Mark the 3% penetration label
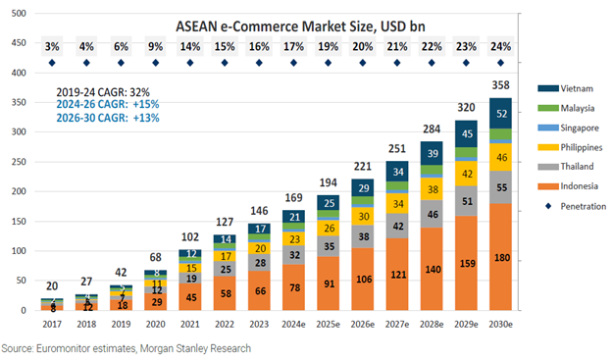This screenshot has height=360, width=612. pos(52,46)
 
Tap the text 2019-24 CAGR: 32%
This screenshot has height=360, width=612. pos(103,90)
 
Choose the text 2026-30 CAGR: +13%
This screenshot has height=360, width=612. pos(107,118)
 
